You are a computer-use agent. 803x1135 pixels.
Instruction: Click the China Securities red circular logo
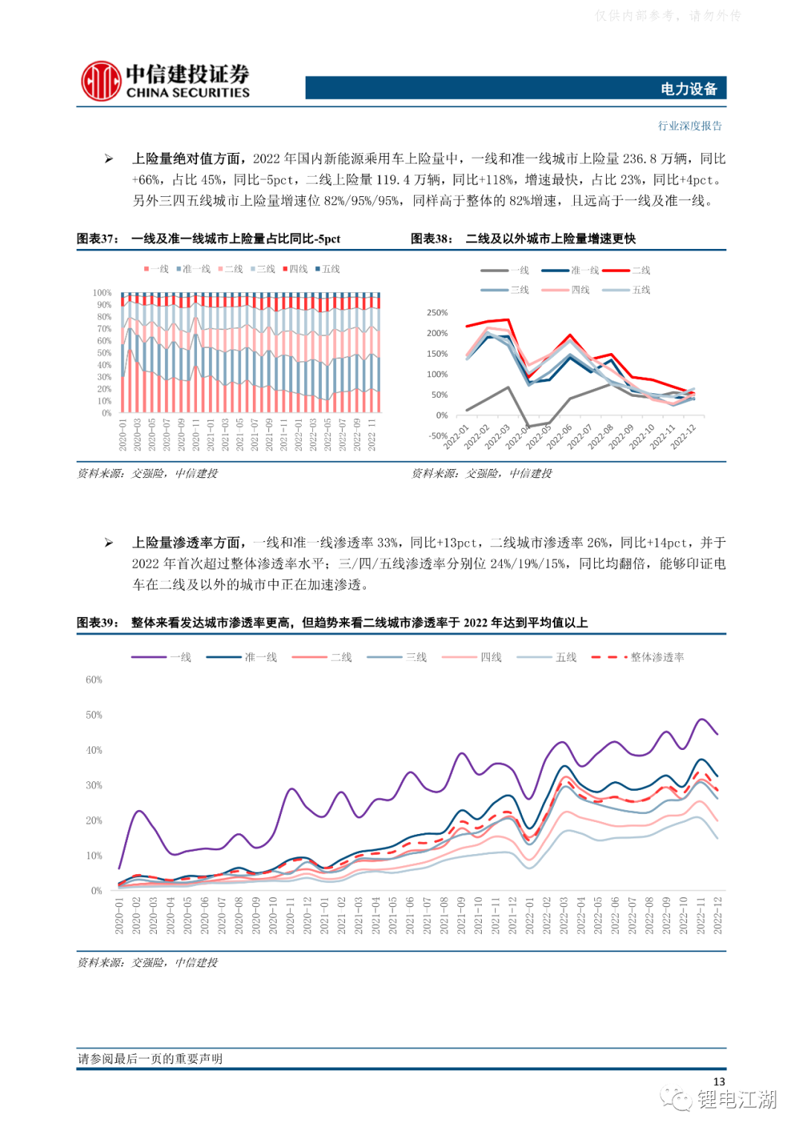[x=100, y=81]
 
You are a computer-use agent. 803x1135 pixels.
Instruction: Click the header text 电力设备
[x=688, y=89]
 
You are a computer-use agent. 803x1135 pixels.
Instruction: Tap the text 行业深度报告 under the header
[x=690, y=126]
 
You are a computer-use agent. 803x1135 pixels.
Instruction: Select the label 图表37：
[x=97, y=239]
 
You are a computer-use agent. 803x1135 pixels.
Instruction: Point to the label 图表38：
[x=432, y=239]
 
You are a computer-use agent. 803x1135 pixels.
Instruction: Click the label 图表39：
[x=97, y=623]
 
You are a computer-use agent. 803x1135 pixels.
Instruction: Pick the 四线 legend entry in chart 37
[x=295, y=269]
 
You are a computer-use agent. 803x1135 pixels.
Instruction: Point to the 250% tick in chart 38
[x=437, y=313]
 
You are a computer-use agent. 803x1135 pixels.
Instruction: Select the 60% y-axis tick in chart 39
[x=94, y=679]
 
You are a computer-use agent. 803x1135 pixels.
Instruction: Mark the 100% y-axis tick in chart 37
[x=102, y=293]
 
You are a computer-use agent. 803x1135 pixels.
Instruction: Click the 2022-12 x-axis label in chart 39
[x=717, y=915]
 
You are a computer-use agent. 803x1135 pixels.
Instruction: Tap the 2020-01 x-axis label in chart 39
[x=119, y=915]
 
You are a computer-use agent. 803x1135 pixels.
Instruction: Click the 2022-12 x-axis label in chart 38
[x=684, y=436]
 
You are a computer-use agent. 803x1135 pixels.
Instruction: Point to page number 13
[x=718, y=1081]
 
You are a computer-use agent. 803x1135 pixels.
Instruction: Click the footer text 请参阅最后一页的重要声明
[x=150, y=1058]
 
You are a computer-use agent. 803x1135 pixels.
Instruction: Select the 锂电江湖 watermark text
[x=736, y=1099]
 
